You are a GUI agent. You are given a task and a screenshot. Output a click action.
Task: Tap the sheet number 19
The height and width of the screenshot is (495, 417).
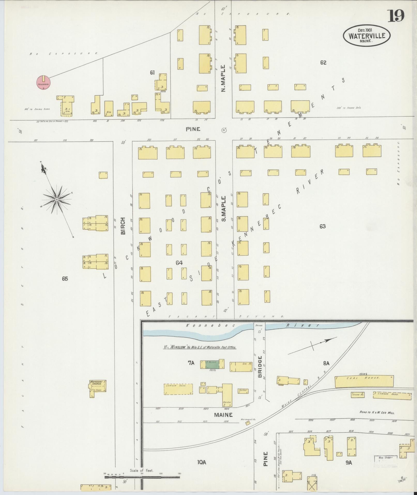click(x=395, y=16)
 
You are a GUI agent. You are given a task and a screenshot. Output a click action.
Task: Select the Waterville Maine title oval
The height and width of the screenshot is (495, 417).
click(x=367, y=36)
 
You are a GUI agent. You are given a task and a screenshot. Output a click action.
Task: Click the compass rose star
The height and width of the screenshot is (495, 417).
click(x=57, y=199)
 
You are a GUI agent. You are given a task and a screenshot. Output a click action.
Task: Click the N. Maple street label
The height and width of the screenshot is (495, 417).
click(x=224, y=78)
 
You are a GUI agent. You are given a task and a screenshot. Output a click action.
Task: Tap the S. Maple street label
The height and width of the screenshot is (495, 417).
click(x=224, y=209)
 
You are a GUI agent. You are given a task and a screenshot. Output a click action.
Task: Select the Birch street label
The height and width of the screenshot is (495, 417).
click(x=123, y=226)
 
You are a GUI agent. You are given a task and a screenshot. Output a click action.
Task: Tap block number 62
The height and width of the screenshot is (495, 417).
click(x=323, y=62)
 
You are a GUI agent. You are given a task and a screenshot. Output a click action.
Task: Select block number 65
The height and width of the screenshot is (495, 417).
click(x=65, y=279)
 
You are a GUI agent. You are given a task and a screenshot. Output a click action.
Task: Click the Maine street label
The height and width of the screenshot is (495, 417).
click(x=223, y=415)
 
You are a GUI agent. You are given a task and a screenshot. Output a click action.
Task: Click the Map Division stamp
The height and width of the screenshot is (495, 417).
click(x=386, y=461)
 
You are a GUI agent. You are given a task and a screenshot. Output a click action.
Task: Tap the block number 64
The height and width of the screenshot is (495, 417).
click(x=179, y=263)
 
